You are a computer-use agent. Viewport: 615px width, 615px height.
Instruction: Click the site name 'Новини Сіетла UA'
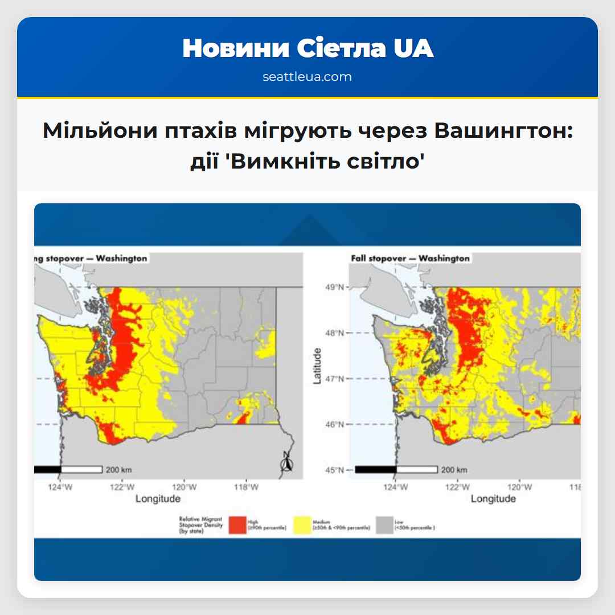[x=307, y=49]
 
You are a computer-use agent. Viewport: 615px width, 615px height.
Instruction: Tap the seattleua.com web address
[x=307, y=77]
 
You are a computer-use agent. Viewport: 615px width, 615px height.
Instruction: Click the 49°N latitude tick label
[x=334, y=287]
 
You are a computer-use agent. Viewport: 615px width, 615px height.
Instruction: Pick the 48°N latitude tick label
[x=334, y=333]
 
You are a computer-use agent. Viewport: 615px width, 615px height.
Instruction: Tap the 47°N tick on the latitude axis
[x=334, y=379]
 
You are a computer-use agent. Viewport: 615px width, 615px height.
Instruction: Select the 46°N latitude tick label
[x=334, y=424]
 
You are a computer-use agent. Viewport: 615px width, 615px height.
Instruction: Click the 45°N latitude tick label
[x=334, y=470]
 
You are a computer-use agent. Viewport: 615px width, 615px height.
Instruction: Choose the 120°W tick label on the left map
[x=185, y=487]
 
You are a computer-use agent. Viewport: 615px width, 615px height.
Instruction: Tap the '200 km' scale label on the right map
[x=454, y=470]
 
